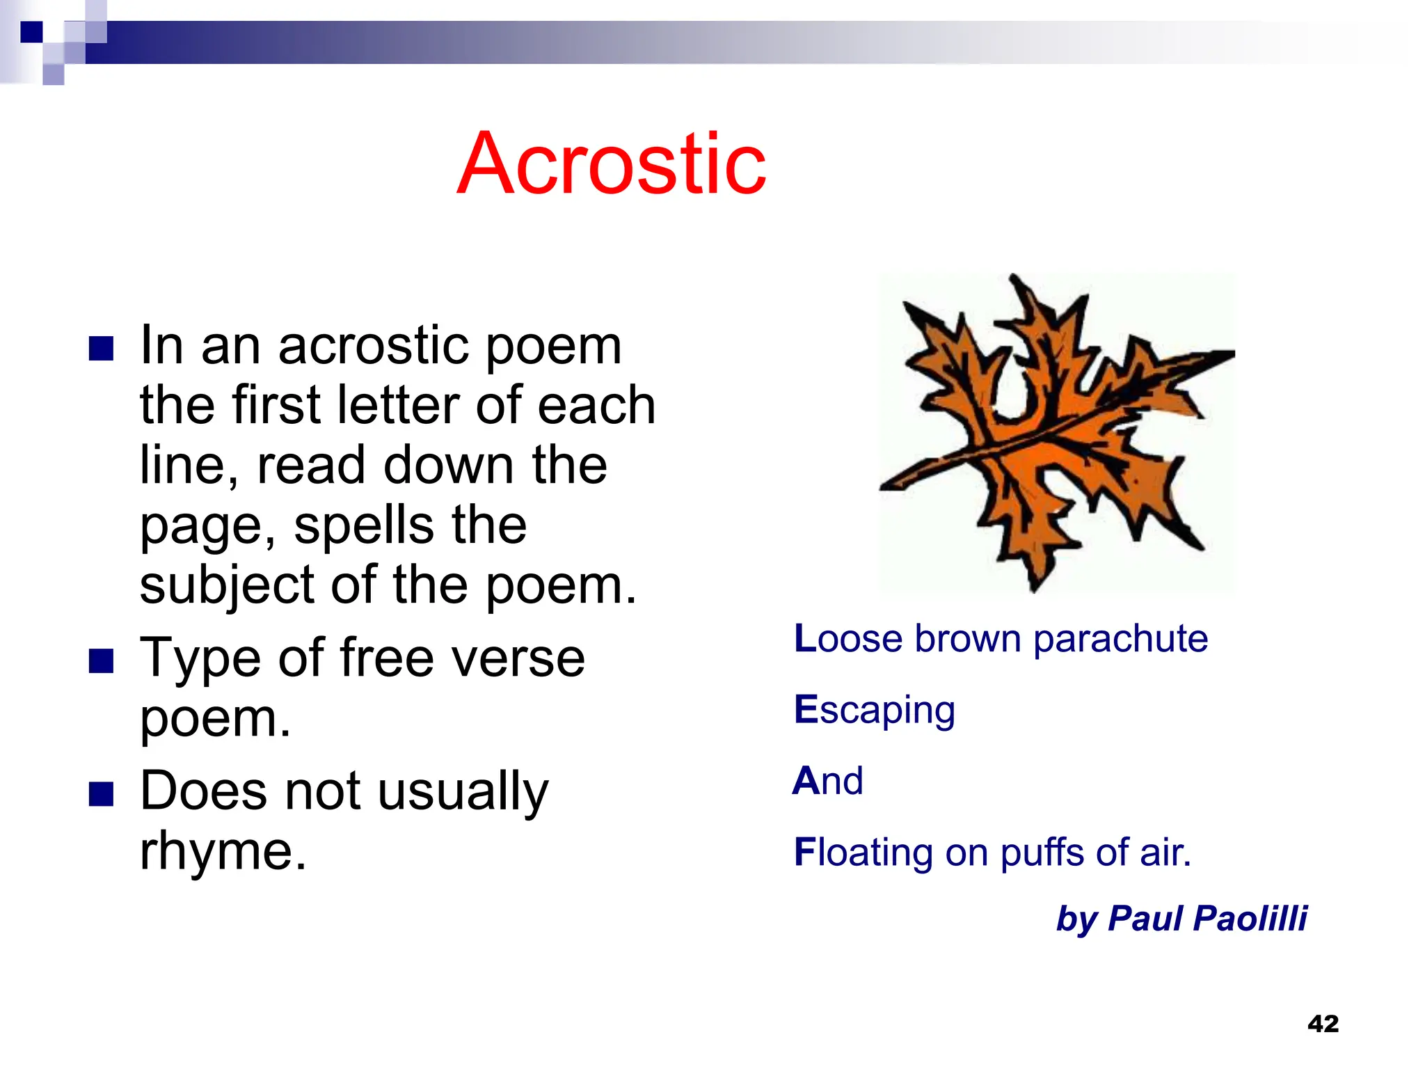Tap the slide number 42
coord(1323,1024)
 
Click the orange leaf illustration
coord(1056,431)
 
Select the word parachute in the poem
coord(1120,640)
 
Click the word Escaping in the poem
coord(875,711)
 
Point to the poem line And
coord(828,781)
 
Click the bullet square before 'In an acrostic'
coord(102,348)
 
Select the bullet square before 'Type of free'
coord(102,661)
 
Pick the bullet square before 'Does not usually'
coord(102,794)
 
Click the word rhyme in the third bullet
coord(222,852)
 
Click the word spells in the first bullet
coord(366,526)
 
